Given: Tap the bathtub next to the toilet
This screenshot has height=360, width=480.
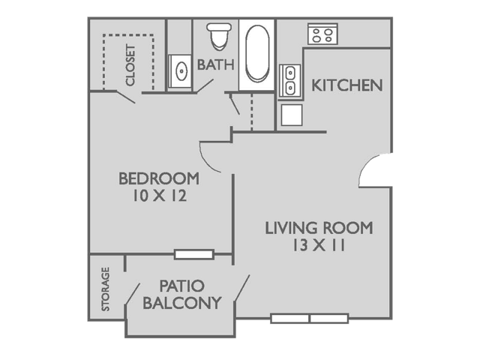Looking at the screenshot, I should coord(257,54).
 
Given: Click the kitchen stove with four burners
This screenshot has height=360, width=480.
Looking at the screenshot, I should coord(323,34).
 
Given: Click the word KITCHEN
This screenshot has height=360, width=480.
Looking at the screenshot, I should coord(347,85).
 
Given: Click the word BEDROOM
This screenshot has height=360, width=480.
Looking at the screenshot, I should coord(159,179).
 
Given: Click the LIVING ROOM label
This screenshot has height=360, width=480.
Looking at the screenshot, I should coord(319,228).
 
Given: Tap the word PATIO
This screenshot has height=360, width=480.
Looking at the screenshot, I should coord(182,286).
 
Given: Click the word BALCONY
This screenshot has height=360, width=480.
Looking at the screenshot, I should coord(182,303).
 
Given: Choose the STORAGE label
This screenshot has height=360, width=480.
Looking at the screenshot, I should coord(106,289).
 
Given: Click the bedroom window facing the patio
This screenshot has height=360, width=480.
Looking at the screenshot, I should coord(193,254).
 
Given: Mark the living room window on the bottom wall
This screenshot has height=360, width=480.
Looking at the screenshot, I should coord(309,319).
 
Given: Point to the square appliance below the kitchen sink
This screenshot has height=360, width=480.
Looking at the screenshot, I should coord(290,115).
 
